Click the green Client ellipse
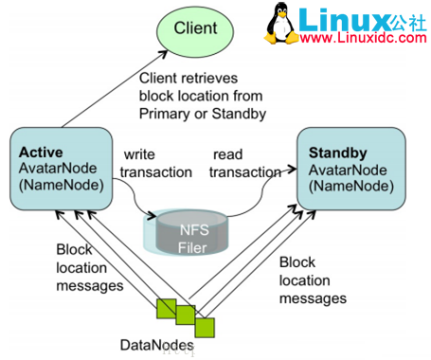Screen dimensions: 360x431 pyautogui.click(x=194, y=30)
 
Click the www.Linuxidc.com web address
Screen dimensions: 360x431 pyautogui.click(x=368, y=41)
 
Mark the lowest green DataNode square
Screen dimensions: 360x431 pyautogui.click(x=205, y=326)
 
